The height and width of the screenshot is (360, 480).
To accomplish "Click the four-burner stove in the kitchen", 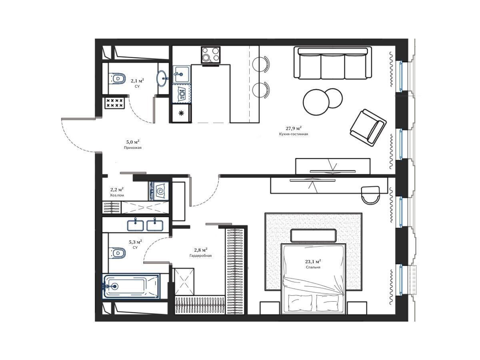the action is pos(210,55).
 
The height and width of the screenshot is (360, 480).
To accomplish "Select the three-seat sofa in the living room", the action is pos(332,63).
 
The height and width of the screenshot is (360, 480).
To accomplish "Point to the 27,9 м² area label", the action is pos(294,128).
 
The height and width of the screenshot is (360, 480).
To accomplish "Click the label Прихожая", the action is pos(132,148).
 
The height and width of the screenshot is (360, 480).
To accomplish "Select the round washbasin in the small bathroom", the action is pos(162,78).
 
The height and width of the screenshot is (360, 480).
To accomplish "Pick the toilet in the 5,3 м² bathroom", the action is pos(118,253).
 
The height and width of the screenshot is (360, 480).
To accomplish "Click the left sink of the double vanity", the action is pos(136,225).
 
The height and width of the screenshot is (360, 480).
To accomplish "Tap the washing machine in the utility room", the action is pos(159,191).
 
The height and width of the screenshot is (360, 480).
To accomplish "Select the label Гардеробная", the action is pos(200,256).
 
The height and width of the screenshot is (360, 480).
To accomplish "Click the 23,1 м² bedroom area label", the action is pos(313,261).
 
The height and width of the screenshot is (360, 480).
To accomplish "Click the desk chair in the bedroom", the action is pos(370,195).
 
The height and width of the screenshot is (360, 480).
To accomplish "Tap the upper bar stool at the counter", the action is pos(261,64).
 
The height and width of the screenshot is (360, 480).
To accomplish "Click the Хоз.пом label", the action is pos(117,195).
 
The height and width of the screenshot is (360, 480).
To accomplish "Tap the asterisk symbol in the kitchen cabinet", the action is pos(181,113).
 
